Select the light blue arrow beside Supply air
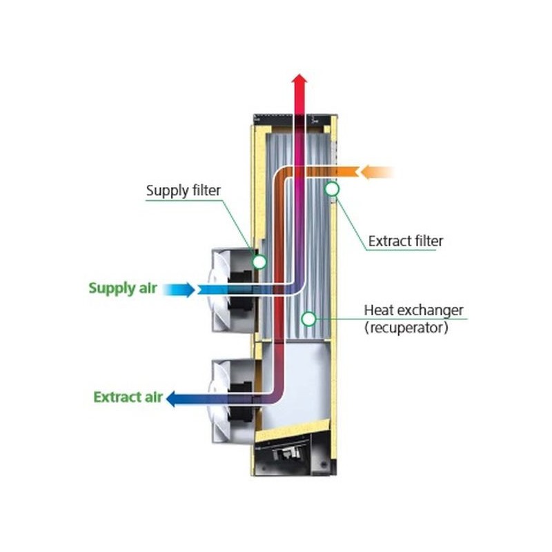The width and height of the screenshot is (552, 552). tap(181, 289)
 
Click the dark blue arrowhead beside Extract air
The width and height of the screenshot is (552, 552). tap(173, 398)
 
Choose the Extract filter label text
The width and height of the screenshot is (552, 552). tap(405, 241)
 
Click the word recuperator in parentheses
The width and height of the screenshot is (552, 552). tap(406, 328)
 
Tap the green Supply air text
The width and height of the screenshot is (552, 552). tap(123, 288)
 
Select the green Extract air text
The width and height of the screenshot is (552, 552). tap(128, 397)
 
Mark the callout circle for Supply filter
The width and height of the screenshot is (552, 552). tap(259, 262)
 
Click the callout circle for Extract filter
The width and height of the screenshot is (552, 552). tap(332, 188)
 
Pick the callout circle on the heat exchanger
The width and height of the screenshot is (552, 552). tap(309, 319)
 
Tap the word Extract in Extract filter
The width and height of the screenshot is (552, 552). tap(388, 241)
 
